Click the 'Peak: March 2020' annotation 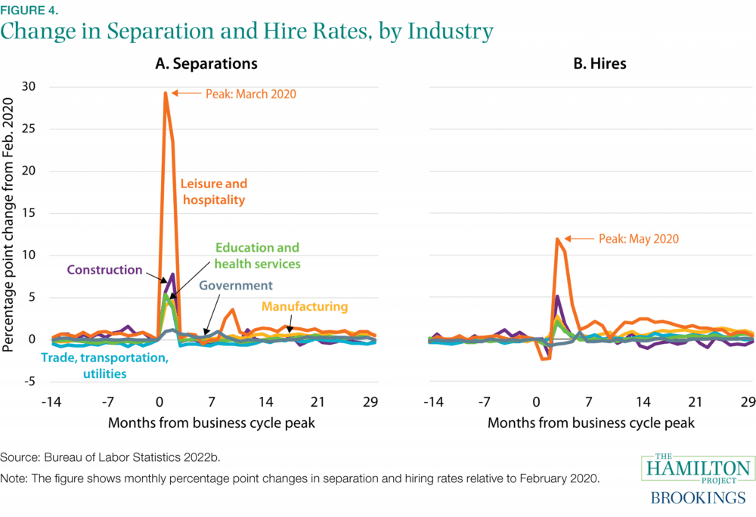(x=250, y=94)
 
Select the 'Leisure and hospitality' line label (x=213, y=192)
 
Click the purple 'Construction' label (x=104, y=270)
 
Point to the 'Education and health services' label (x=257, y=255)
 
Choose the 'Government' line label (x=235, y=286)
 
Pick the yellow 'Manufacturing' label (x=305, y=306)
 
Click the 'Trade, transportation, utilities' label (x=104, y=365)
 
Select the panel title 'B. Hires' (x=600, y=63)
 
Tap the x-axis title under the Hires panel (x=590, y=423)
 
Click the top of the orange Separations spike (x=165, y=93)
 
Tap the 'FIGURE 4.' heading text (x=28, y=10)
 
